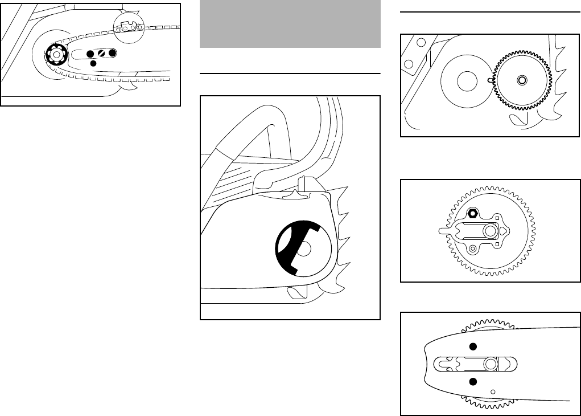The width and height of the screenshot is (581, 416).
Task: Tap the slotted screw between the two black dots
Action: click(101, 53)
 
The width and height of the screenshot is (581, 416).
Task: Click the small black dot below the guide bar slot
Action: click(94, 63)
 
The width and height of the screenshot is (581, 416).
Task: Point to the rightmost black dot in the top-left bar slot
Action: click(112, 53)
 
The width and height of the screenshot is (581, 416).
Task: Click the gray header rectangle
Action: click(290, 24)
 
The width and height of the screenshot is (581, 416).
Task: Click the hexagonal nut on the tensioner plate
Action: click(472, 214)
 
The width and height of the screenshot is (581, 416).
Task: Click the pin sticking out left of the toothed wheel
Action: click(444, 231)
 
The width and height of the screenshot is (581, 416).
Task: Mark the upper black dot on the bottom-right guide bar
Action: click(472, 346)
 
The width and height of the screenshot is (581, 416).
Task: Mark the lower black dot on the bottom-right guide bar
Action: click(472, 381)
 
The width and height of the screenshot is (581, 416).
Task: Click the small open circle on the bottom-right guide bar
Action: click(493, 391)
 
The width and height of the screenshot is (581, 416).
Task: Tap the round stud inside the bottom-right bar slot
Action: click(490, 364)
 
